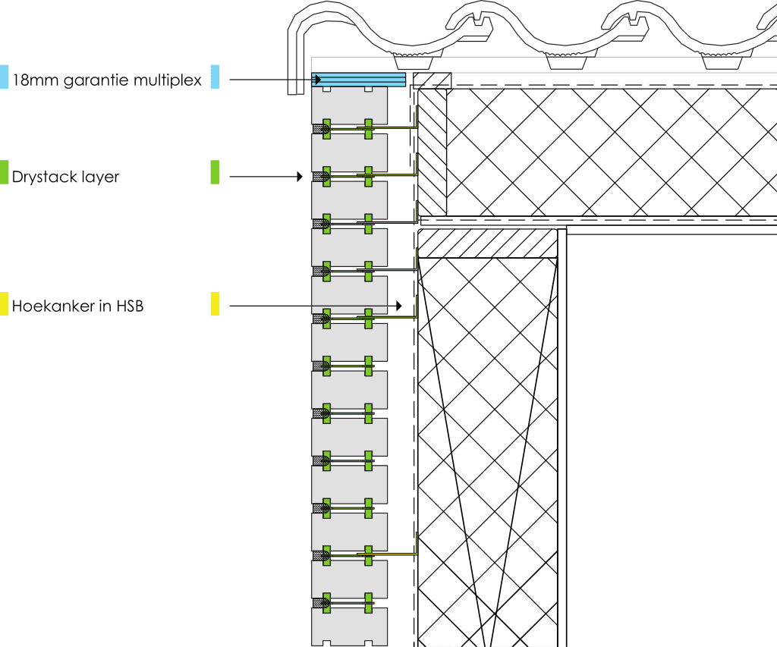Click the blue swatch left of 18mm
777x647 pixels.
pos(4,77)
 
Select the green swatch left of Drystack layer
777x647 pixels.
pos(4,172)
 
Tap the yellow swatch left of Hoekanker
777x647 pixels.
pos(4,304)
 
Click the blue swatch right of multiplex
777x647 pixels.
pos(215,77)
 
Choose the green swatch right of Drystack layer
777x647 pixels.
pos(215,172)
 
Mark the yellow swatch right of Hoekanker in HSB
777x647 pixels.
pos(215,304)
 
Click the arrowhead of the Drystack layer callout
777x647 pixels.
pos(300,177)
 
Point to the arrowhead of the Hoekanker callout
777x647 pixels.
pos(398,306)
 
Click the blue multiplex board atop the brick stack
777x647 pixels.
pos(358,79)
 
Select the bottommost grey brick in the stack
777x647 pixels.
pos(349,627)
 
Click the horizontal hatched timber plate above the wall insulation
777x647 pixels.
pos(488,243)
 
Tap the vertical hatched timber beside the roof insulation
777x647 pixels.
pos(433,152)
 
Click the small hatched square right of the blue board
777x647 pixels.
pos(433,80)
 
